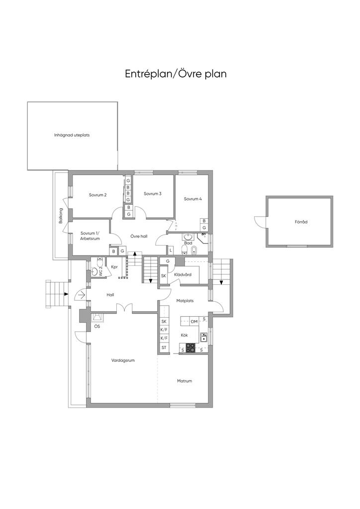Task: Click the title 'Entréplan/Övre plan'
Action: [x=176, y=74]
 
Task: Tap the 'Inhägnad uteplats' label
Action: [x=72, y=135]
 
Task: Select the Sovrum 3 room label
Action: [x=153, y=193]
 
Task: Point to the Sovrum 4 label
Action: [x=193, y=199]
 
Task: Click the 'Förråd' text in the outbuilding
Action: [x=301, y=222]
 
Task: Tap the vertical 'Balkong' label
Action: [x=60, y=216]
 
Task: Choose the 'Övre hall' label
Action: [x=139, y=236]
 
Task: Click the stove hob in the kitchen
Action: [x=190, y=347]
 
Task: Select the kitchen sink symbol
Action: [x=203, y=338]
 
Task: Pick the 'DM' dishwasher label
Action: [x=194, y=322]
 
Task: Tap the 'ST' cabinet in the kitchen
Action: [x=164, y=347]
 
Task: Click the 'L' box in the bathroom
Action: [x=171, y=251]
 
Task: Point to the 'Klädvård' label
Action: [x=183, y=274]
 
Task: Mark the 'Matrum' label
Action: [x=184, y=381]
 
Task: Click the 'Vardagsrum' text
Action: [x=123, y=360]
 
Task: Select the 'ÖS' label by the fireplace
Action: [x=97, y=326]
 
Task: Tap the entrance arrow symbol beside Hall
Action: [x=81, y=295]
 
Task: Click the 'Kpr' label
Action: [x=114, y=267]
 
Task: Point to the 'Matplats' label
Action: [x=184, y=301]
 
